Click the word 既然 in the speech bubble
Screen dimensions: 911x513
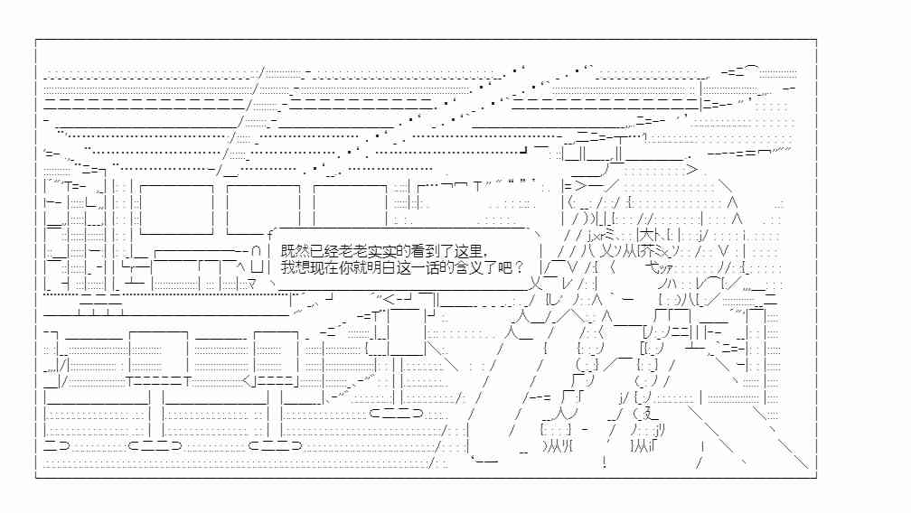pos(296,251)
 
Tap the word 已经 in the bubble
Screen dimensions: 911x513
pos(324,251)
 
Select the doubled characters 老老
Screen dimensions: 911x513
pos(353,251)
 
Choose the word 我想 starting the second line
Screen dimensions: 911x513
pos(296,267)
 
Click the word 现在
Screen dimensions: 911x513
pos(324,267)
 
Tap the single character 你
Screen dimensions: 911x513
pos(345,267)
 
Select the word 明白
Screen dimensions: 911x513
pos(382,267)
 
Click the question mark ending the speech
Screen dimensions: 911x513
pos(519,267)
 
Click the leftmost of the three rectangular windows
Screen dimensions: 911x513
pos(176,210)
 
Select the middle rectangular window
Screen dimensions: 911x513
pos(263,210)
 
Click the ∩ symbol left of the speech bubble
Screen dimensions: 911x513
pos(257,252)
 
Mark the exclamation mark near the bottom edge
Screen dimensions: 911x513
pos(605,462)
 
